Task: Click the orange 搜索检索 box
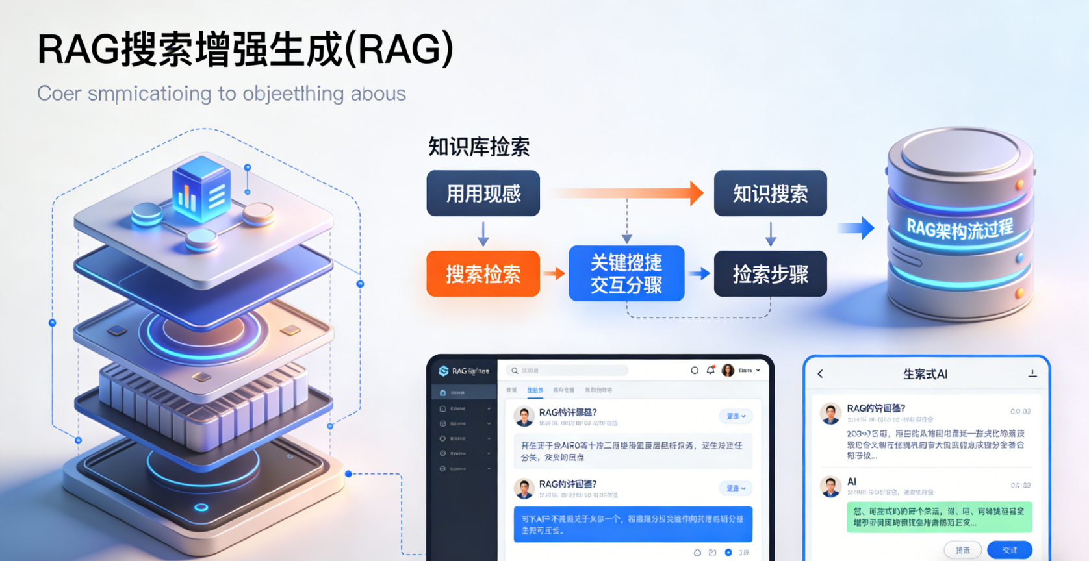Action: tap(483, 274)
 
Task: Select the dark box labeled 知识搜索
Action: tap(770, 193)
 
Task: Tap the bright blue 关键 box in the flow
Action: tap(626, 273)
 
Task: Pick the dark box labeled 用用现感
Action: tap(483, 193)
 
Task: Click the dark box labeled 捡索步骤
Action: tap(770, 274)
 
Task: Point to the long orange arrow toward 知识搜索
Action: tap(627, 193)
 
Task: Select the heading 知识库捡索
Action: tap(479, 147)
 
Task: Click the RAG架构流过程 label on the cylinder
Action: tap(960, 228)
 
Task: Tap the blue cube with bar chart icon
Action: tap(201, 188)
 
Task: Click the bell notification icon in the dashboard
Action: tap(711, 370)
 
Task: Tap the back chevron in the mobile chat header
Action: tap(821, 374)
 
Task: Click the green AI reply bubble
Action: tap(939, 517)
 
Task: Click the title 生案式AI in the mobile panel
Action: tap(925, 374)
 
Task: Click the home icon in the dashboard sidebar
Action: tap(443, 393)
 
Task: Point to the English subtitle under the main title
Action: tap(222, 94)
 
